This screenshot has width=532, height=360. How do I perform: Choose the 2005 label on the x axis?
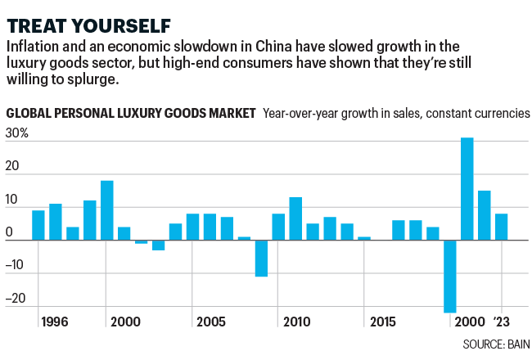click(x=211, y=322)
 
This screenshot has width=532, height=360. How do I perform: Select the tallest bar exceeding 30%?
click(x=467, y=189)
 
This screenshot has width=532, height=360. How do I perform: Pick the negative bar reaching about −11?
click(x=261, y=259)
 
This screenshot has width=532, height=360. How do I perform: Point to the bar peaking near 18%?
click(x=106, y=210)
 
